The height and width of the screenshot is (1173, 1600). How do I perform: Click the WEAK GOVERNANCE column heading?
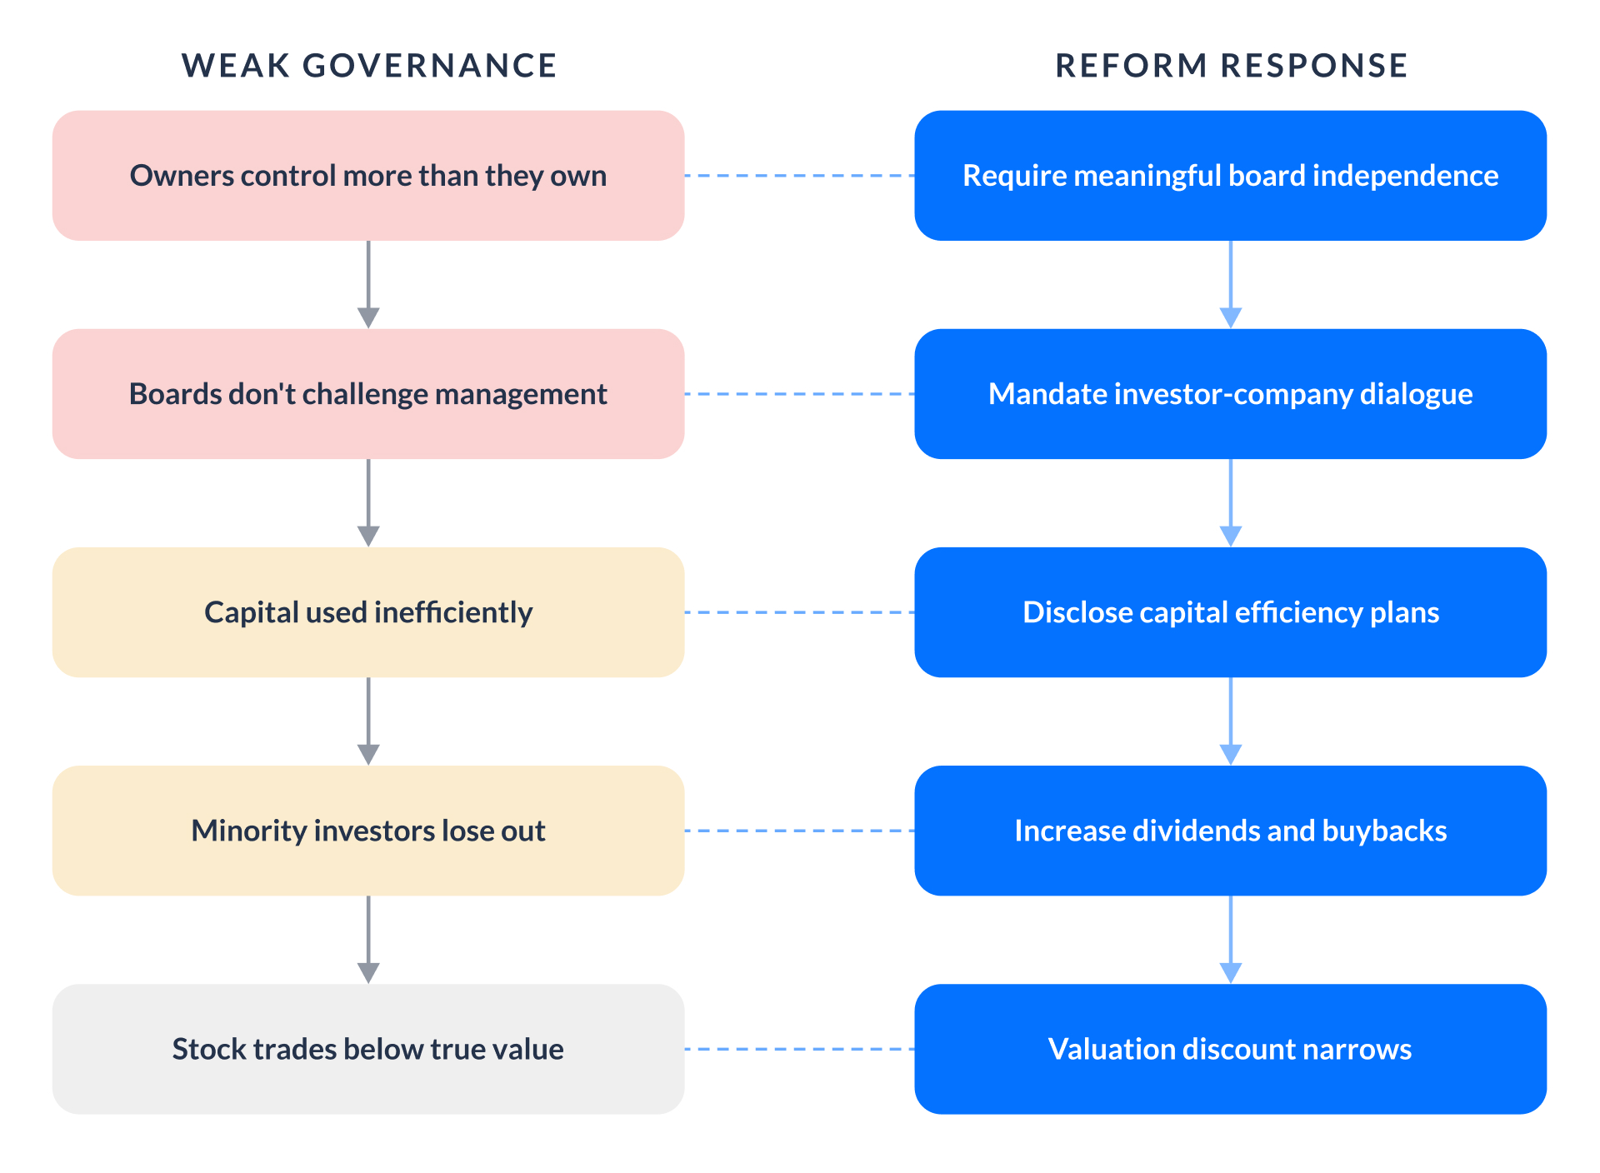pyautogui.click(x=369, y=66)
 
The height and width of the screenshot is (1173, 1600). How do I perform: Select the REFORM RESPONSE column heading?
pyautogui.click(x=1231, y=66)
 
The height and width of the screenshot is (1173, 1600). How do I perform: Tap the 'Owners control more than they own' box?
pyautogui.click(x=368, y=176)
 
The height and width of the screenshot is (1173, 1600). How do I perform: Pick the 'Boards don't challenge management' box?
pyautogui.click(x=368, y=394)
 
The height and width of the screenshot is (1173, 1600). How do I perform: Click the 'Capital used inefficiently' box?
pyautogui.click(x=368, y=612)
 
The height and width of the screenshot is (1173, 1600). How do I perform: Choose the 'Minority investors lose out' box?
pyautogui.click(x=368, y=831)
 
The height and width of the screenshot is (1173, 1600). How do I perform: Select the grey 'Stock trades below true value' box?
pyautogui.click(x=368, y=1049)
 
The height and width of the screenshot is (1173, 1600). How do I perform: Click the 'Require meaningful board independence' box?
pyautogui.click(x=1230, y=176)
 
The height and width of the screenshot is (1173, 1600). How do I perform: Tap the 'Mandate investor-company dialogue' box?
pyautogui.click(x=1230, y=394)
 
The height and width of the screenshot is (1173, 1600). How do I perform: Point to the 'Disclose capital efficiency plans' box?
pyautogui.click(x=1230, y=612)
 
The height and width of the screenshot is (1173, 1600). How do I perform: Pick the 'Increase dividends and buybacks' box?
pyautogui.click(x=1230, y=831)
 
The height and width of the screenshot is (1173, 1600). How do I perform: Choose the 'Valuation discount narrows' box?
pyautogui.click(x=1230, y=1049)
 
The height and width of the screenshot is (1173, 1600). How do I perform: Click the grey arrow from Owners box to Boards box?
pyautogui.click(x=368, y=284)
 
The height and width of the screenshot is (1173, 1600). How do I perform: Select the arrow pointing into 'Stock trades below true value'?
pyautogui.click(x=368, y=939)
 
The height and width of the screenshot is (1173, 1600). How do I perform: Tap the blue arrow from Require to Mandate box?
pyautogui.click(x=1231, y=284)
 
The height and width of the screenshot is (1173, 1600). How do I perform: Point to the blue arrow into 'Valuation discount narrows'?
pyautogui.click(x=1231, y=939)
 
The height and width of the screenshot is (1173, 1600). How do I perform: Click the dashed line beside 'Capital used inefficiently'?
pyautogui.click(x=799, y=612)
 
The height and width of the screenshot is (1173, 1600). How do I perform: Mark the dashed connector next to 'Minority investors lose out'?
pyautogui.click(x=799, y=831)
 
